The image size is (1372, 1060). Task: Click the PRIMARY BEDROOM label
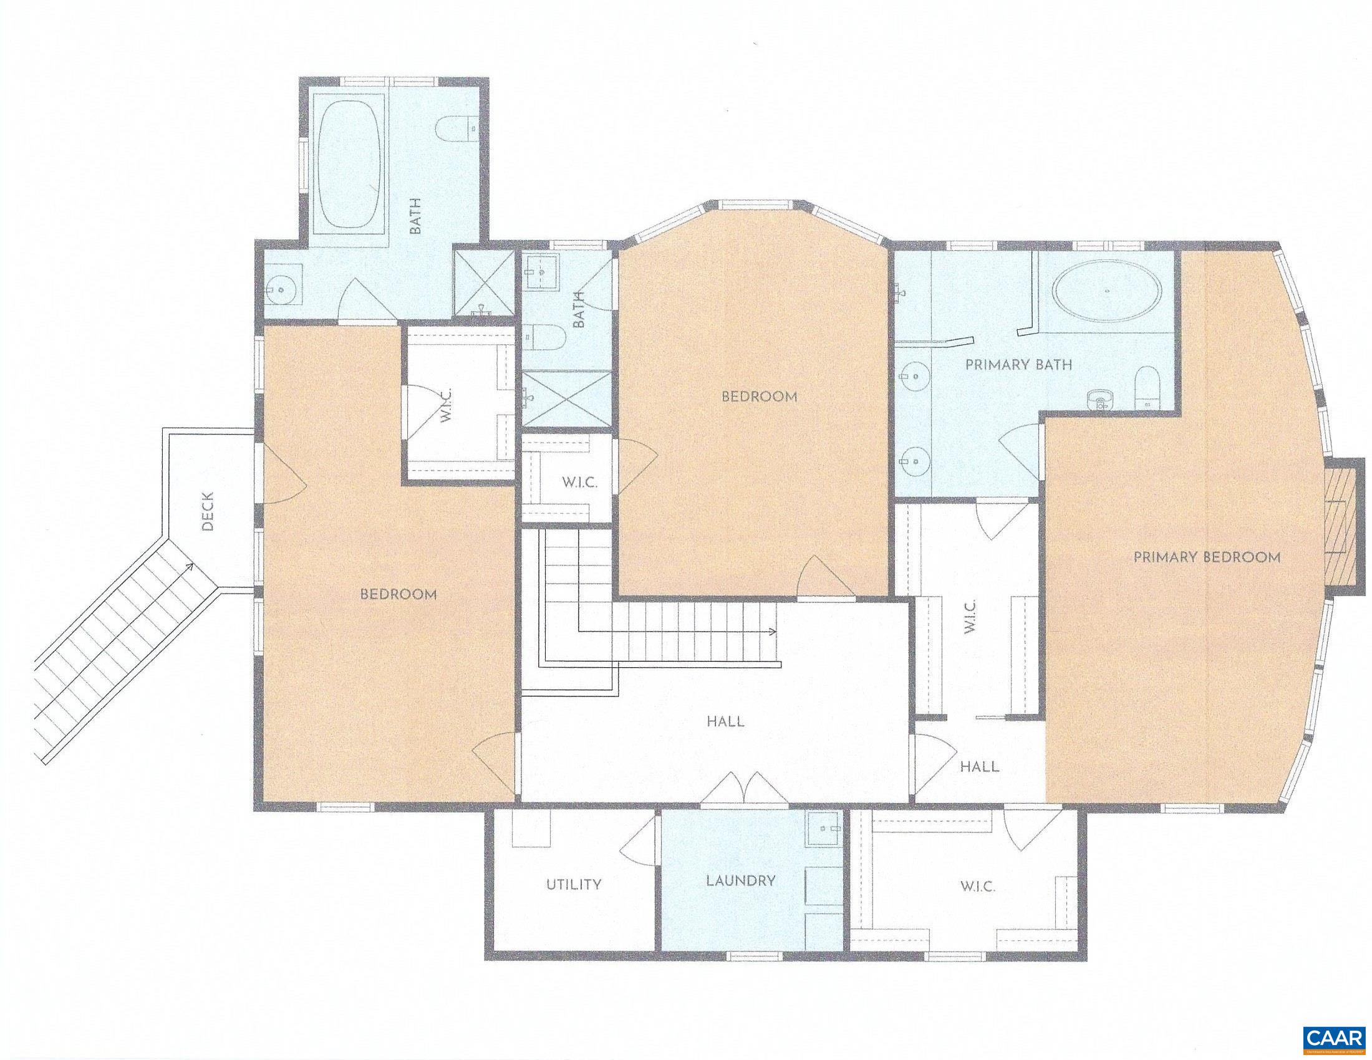pyautogui.click(x=1206, y=557)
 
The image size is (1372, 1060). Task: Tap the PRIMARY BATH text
pyautogui.click(x=1018, y=365)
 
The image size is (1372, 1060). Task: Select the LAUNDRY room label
pyautogui.click(x=741, y=880)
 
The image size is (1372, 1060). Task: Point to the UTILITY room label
pyautogui.click(x=574, y=884)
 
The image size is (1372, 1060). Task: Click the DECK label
pyautogui.click(x=208, y=511)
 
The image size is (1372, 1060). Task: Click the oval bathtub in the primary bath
pyautogui.click(x=1107, y=292)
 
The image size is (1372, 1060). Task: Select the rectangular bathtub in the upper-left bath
pyautogui.click(x=349, y=165)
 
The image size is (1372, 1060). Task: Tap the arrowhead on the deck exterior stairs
pyautogui.click(x=188, y=567)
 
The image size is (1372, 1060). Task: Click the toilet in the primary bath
pyautogui.click(x=1147, y=387)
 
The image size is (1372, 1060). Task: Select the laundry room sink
pyautogui.click(x=823, y=828)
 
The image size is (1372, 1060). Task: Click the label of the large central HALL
pyautogui.click(x=725, y=721)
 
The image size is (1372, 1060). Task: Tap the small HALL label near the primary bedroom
pyautogui.click(x=980, y=766)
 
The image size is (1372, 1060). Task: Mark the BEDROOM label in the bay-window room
pyautogui.click(x=759, y=397)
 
